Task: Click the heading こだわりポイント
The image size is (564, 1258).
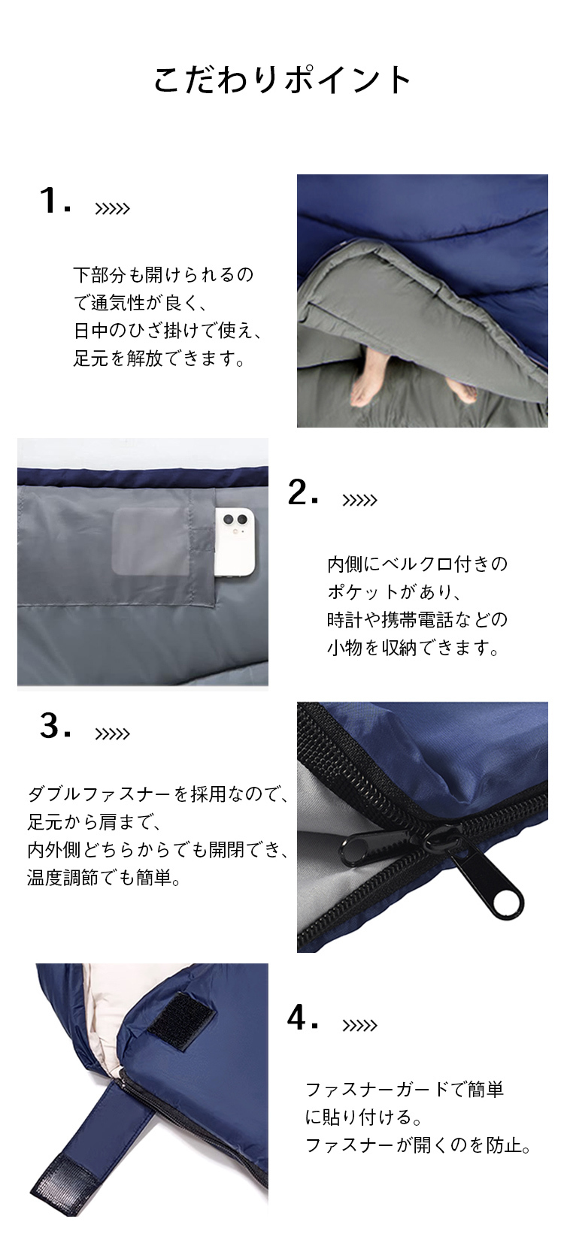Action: tap(282, 79)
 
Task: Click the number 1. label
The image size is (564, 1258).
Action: tap(55, 201)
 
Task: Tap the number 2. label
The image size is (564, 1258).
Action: tap(303, 493)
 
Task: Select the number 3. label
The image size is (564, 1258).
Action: tap(55, 727)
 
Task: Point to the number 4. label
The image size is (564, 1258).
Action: tap(303, 1018)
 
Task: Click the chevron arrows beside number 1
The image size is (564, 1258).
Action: tap(112, 209)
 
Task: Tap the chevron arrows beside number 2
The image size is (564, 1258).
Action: tap(359, 500)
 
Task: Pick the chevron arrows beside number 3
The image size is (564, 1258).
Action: tap(112, 734)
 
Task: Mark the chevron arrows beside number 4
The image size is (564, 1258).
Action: tap(359, 1026)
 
